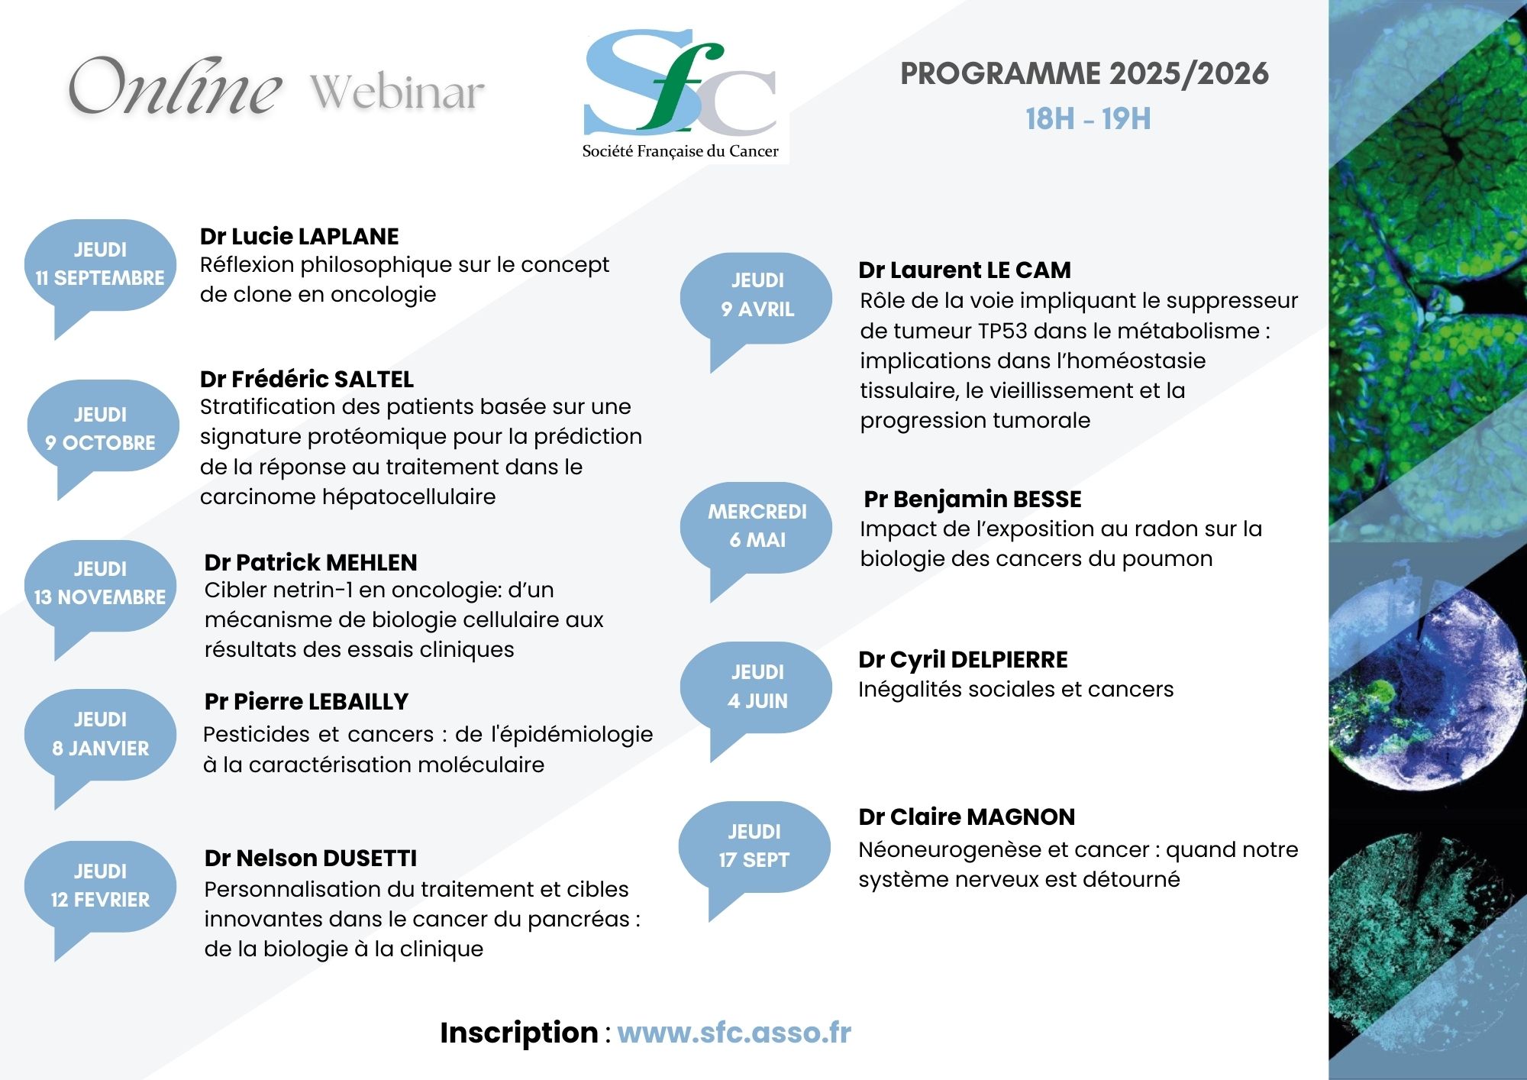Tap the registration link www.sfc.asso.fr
734,1033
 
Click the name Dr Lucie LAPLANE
299,236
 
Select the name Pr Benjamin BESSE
973,499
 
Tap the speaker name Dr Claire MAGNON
967,816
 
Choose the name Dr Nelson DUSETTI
311,858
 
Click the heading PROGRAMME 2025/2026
1085,74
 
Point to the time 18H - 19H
1088,119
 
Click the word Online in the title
176,86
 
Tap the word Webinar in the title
397,92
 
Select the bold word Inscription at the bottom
519,1033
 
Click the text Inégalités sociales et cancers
1015,690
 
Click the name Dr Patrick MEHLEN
311,562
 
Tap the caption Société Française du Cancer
680,151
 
